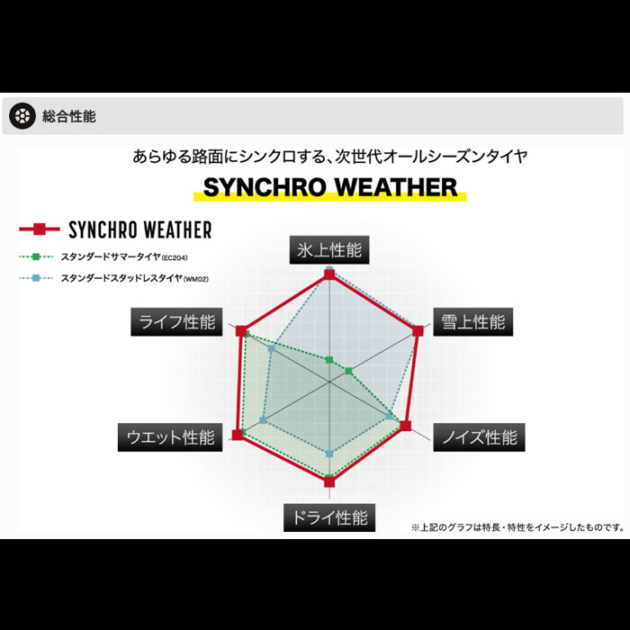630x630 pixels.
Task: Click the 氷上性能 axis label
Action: [x=329, y=250]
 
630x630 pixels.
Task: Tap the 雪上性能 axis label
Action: [x=472, y=322]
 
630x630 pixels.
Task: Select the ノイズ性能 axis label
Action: [x=479, y=437]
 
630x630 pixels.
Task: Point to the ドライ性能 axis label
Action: [x=329, y=517]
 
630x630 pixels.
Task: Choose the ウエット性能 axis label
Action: [x=170, y=437]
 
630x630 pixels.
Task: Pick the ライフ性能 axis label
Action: [x=176, y=322]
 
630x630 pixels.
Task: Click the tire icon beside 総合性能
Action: [x=22, y=116]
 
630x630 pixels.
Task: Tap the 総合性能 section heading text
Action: [x=69, y=116]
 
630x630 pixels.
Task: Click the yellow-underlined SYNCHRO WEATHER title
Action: [x=330, y=187]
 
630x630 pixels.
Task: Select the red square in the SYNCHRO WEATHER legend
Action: [x=40, y=229]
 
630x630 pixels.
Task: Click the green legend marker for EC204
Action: [x=36, y=256]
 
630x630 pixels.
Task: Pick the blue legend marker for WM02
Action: [x=36, y=278]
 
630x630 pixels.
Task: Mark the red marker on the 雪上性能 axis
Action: [x=418, y=330]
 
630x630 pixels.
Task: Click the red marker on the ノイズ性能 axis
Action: [x=406, y=426]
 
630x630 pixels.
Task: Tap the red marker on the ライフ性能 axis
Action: [x=241, y=330]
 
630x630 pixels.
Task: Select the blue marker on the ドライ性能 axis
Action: [x=329, y=454]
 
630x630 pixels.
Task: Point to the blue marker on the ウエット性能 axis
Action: [x=263, y=420]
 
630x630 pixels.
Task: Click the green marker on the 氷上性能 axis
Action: [x=329, y=360]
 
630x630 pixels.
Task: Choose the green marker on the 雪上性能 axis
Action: [x=349, y=371]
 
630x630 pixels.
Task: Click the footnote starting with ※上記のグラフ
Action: [x=517, y=527]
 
